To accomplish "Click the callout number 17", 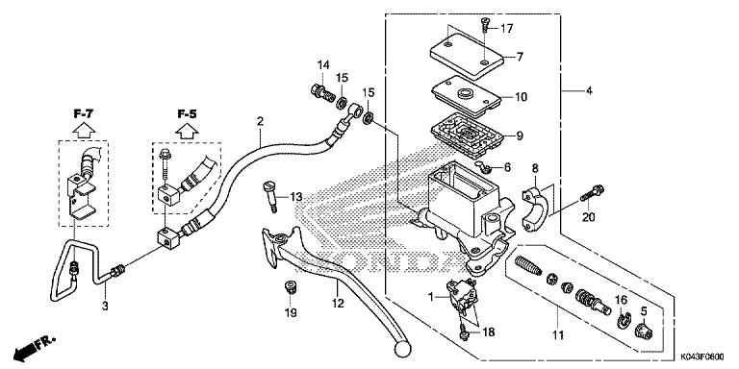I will [x=506, y=27].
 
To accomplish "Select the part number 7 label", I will [x=519, y=57].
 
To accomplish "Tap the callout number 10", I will [x=521, y=97].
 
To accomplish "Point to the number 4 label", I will [x=588, y=91].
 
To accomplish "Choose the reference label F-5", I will [x=187, y=113].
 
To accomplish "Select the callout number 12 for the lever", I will [x=338, y=304].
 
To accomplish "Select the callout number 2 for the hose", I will [x=260, y=121].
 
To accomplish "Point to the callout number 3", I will [x=105, y=306].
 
